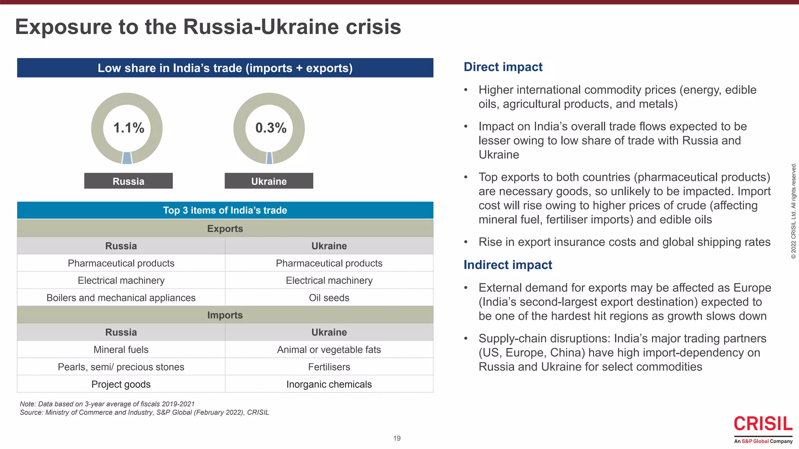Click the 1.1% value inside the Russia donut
pos(128,128)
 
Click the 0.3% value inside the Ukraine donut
pos(271,128)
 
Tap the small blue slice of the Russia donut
pos(127,158)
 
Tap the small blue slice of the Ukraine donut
pos(270,158)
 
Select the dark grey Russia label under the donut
pos(128,181)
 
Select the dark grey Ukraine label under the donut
pos(269,181)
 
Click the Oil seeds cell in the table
pos(329,298)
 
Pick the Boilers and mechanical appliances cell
pos(121,298)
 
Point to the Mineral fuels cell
pos(121,350)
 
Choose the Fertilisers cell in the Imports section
pos(329,367)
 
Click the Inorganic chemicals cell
pos(329,384)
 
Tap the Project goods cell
pos(121,384)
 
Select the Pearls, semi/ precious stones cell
pos(121,367)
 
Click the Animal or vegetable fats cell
pos(329,350)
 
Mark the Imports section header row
pos(225,315)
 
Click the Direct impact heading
pos(503,67)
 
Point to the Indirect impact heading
pos(508,265)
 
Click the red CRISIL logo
pos(763,424)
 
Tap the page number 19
pos(397,438)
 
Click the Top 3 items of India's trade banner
pos(225,210)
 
